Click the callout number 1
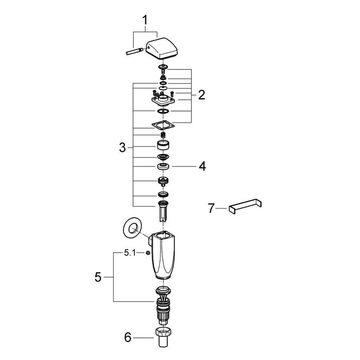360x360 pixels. (x=145, y=20)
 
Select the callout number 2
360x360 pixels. (x=202, y=95)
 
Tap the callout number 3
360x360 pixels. (x=122, y=148)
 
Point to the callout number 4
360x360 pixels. (x=202, y=166)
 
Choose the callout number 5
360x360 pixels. (x=98, y=277)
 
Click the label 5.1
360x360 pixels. (x=130, y=253)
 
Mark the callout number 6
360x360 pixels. (x=128, y=337)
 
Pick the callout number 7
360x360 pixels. (x=211, y=208)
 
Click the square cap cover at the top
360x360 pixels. (x=161, y=49)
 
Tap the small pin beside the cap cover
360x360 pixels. (x=135, y=51)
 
